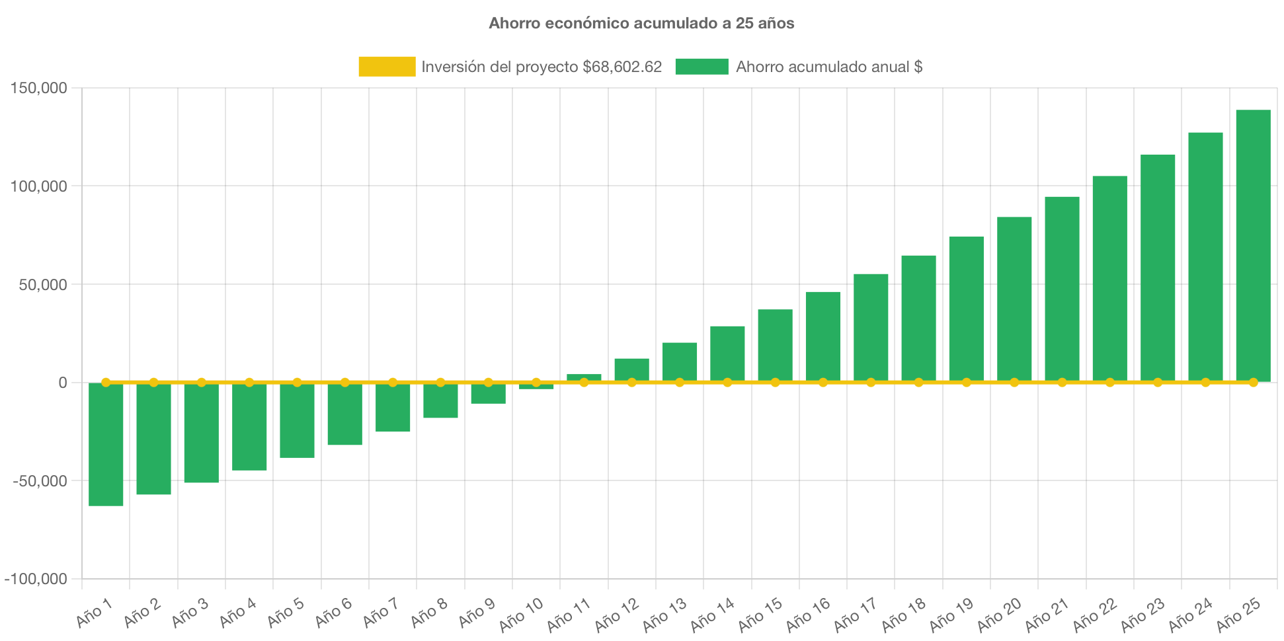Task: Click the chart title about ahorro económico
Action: (641, 23)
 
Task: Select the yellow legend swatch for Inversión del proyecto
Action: (387, 66)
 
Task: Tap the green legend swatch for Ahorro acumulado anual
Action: (702, 66)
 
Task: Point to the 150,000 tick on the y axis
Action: (38, 88)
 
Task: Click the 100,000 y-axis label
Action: (38, 186)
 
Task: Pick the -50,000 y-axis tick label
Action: (40, 481)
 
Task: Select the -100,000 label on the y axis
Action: (36, 580)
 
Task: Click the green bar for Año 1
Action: (106, 444)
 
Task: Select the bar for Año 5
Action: (297, 420)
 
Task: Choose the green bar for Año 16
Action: (823, 337)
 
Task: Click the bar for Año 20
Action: (1014, 299)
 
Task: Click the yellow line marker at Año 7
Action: (393, 382)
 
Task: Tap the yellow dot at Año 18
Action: (918, 382)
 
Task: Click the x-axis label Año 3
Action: (190, 613)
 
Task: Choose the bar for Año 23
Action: (1158, 268)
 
